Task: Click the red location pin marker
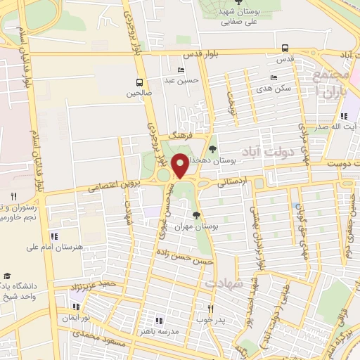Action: click(x=180, y=165)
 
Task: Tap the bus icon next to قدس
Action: click(x=284, y=49)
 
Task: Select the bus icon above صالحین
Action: click(x=139, y=82)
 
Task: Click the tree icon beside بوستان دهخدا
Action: click(x=212, y=149)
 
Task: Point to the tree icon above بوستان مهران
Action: click(x=196, y=215)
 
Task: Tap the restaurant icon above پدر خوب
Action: click(x=210, y=309)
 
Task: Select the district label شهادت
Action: click(x=224, y=282)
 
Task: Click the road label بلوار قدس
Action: click(x=201, y=54)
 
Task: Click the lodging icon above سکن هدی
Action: click(x=273, y=78)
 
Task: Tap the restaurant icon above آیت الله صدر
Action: click(x=342, y=117)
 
